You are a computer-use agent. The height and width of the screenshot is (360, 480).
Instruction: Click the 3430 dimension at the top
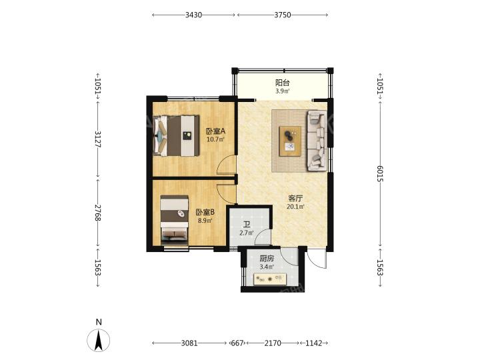[x=193, y=15]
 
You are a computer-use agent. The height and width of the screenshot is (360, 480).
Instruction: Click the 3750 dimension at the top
[x=282, y=15]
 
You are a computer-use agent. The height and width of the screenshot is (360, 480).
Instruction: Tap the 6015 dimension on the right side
[x=380, y=173]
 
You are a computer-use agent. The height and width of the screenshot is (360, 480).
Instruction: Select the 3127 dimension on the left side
[x=97, y=139]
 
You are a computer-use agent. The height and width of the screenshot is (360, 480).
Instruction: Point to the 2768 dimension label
[x=97, y=213]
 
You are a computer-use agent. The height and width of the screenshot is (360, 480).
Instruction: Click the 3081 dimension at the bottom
[x=189, y=343]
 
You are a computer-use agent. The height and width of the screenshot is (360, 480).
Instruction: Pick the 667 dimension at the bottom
[x=237, y=343]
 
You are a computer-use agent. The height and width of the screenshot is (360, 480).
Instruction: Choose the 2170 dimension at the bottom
[x=273, y=343]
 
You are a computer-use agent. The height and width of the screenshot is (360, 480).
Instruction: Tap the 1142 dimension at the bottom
[x=314, y=343]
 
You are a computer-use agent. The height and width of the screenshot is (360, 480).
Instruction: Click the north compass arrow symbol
[x=98, y=340]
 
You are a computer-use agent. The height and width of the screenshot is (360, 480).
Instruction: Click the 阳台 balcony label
[x=282, y=83]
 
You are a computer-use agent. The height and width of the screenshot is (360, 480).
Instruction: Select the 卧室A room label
[x=215, y=131]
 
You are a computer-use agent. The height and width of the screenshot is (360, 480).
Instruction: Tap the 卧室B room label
[x=205, y=212]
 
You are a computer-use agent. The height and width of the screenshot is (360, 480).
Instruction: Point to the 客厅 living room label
[x=295, y=198]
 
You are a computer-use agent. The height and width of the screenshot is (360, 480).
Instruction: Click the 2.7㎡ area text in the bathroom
[x=247, y=233]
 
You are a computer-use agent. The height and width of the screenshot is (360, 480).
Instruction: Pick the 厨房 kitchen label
[x=267, y=259]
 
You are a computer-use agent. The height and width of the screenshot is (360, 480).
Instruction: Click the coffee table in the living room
[x=290, y=141]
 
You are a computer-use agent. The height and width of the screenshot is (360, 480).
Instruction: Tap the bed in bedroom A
[x=176, y=135]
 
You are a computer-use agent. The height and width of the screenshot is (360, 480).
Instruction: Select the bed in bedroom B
[x=174, y=220]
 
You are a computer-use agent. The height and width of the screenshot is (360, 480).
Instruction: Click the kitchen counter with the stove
[x=270, y=279]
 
